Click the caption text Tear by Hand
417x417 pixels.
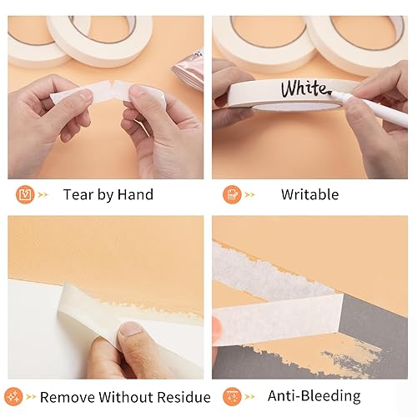[x=108, y=195]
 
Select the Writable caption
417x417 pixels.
[x=309, y=195]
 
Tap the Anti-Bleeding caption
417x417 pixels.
[x=314, y=396]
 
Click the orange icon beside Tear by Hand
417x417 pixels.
[x=25, y=195]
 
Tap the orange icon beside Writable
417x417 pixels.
[x=231, y=195]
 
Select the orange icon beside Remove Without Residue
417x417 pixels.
[x=14, y=396]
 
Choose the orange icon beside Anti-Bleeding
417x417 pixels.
[x=231, y=396]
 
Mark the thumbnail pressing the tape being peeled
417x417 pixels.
[x=131, y=331]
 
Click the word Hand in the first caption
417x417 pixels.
[x=136, y=195]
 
